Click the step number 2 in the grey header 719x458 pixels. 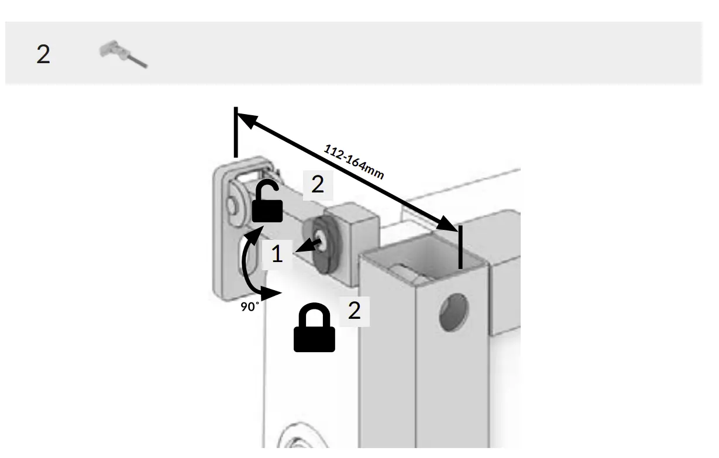point(43,54)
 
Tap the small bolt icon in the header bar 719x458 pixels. point(123,54)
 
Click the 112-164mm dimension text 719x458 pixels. point(353,161)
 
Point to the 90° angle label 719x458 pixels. point(250,306)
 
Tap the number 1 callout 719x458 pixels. point(277,254)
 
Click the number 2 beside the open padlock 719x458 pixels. point(318,185)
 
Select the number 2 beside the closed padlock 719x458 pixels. point(355,311)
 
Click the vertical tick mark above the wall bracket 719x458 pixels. point(236,132)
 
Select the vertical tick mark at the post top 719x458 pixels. point(460,247)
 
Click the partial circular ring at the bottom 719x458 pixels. point(298,439)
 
